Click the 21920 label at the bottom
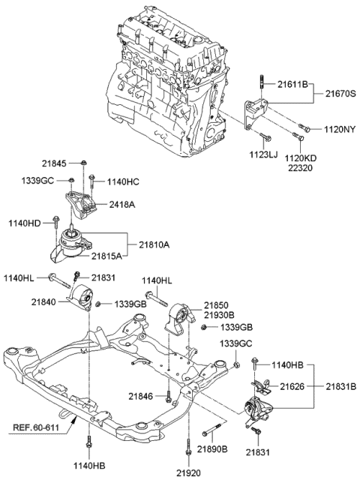click(188, 474)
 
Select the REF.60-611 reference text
click(37, 429)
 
